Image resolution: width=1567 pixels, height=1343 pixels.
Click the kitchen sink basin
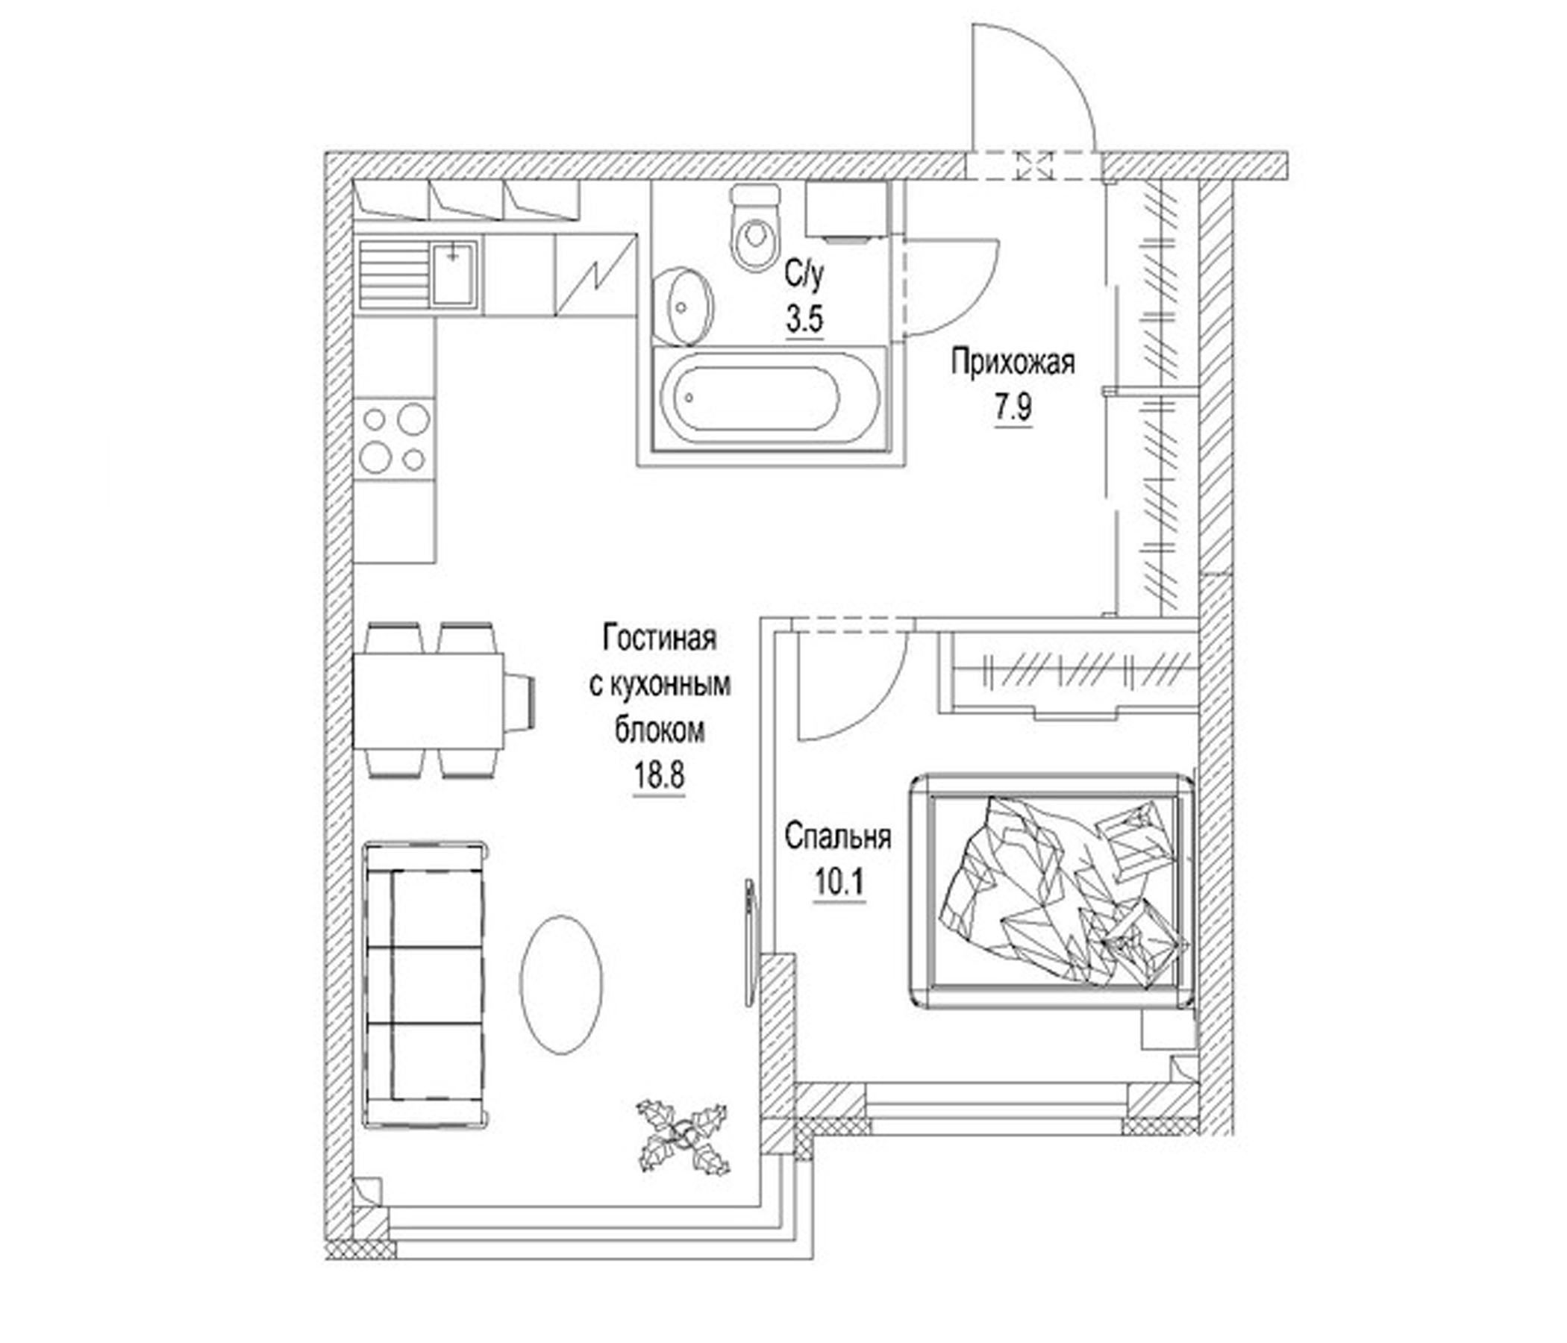pos(454,273)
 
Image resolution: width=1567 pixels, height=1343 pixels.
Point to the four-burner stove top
pos(395,439)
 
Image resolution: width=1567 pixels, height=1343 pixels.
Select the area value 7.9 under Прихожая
pos(1012,409)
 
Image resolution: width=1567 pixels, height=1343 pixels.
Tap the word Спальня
pos(838,837)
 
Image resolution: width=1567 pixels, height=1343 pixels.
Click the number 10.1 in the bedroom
pos(839,882)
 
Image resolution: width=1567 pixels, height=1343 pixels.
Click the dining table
pos(428,701)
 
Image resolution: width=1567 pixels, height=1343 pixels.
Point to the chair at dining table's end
pos(522,701)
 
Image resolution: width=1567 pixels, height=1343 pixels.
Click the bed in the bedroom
pos(1053,891)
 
